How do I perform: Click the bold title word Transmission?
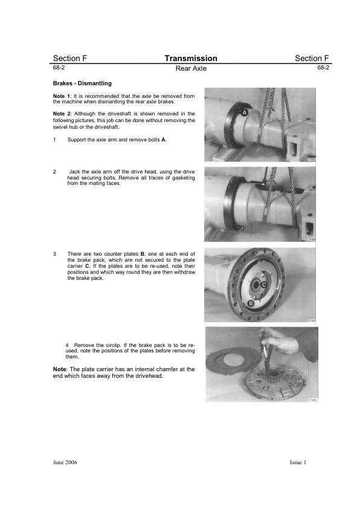[x=191, y=59]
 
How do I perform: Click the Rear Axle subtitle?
[x=191, y=68]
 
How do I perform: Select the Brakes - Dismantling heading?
[x=82, y=83]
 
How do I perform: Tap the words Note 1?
[x=61, y=96]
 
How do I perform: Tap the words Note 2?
[x=62, y=114]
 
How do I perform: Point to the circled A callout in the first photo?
[x=244, y=112]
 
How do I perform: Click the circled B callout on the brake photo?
[x=251, y=304]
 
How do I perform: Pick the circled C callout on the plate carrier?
[x=263, y=285]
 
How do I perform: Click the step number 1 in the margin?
[x=54, y=140]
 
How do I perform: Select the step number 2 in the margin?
[x=54, y=172]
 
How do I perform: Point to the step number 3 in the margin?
[x=54, y=254]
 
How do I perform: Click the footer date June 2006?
[x=65, y=462]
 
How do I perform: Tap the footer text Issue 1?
[x=298, y=462]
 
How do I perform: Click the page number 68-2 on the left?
[x=59, y=68]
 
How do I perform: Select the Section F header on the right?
[x=312, y=59]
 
